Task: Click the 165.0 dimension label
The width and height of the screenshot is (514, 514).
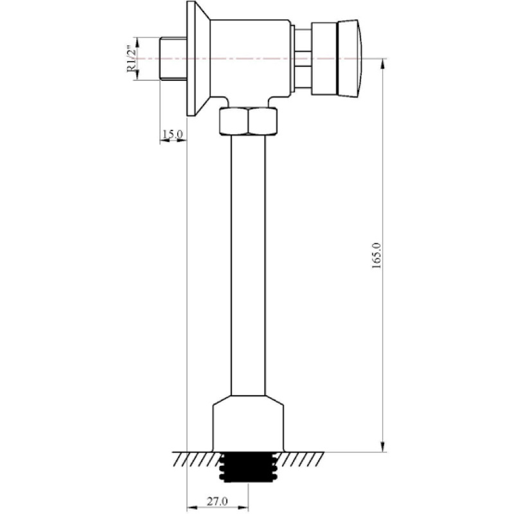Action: click(377, 256)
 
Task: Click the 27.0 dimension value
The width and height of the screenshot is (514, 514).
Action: click(217, 501)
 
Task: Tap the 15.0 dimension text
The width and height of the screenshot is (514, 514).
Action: click(173, 134)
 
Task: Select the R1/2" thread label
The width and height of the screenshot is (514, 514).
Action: click(132, 59)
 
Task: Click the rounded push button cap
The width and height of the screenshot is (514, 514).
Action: click(350, 58)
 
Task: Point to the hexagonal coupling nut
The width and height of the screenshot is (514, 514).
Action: click(248, 121)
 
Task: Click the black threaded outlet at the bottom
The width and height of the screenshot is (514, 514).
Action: click(248, 468)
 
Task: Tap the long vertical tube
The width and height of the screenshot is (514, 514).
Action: click(248, 265)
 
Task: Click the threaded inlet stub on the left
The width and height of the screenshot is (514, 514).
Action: click(173, 58)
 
